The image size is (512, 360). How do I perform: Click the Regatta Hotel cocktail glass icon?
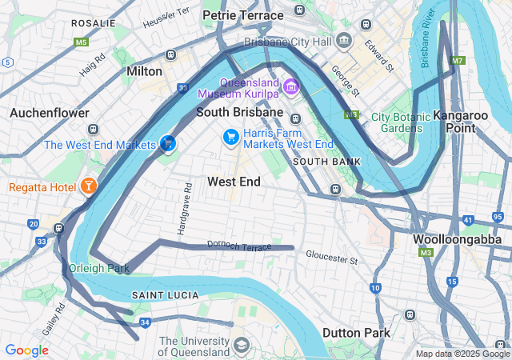[88, 187]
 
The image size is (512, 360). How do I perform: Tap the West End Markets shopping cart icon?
[168, 144]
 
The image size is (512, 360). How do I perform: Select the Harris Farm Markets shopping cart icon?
[231, 138]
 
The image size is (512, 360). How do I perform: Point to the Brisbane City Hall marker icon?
[343, 39]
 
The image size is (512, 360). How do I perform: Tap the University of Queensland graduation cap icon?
[240, 346]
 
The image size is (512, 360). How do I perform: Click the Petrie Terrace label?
[242, 15]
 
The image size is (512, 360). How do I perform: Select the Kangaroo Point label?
[460, 122]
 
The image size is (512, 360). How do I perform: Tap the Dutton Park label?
[357, 333]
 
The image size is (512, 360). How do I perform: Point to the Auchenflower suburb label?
[50, 113]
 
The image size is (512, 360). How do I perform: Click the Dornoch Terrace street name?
[239, 245]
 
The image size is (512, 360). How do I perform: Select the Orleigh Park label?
[99, 268]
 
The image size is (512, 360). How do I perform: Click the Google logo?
[26, 350]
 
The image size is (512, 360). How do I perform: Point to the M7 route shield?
[457, 61]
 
